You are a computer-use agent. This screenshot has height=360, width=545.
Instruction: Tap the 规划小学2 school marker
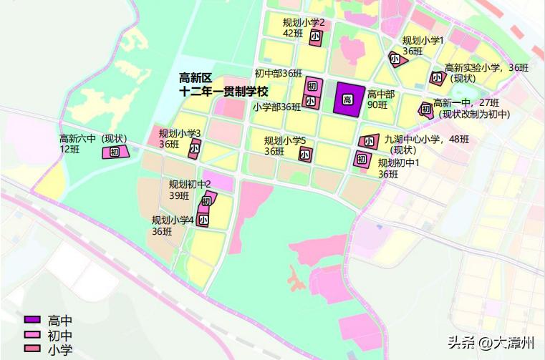click(316, 39)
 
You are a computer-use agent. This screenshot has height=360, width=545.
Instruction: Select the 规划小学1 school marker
click(396, 59)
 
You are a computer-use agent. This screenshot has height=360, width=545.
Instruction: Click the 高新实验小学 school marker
click(436, 77)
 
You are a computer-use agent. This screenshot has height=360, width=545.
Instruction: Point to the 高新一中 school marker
click(426, 110)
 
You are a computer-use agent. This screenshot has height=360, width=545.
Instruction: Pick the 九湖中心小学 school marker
click(370, 142)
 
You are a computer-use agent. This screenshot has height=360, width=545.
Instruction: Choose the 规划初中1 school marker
click(360, 158)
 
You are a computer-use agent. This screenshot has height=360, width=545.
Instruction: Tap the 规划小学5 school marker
click(305, 154)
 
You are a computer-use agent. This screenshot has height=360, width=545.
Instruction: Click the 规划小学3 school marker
click(194, 150)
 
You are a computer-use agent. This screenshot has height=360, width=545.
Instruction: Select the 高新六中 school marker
click(115, 152)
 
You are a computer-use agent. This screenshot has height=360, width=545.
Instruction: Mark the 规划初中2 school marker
click(208, 200)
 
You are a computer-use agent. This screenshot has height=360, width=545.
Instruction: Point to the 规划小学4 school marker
click(204, 219)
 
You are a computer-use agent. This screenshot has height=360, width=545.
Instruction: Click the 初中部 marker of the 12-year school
click(312, 87)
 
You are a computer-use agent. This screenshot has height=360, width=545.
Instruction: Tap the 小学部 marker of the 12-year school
click(310, 102)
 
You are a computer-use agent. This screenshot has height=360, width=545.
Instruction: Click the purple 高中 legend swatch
click(34, 320)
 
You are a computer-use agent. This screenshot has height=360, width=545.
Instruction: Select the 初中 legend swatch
click(34, 335)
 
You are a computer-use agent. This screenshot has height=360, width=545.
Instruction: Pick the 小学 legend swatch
click(34, 349)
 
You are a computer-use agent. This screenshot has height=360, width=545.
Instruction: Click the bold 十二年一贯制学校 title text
click(223, 92)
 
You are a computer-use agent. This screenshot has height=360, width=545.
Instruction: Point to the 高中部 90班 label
click(380, 99)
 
